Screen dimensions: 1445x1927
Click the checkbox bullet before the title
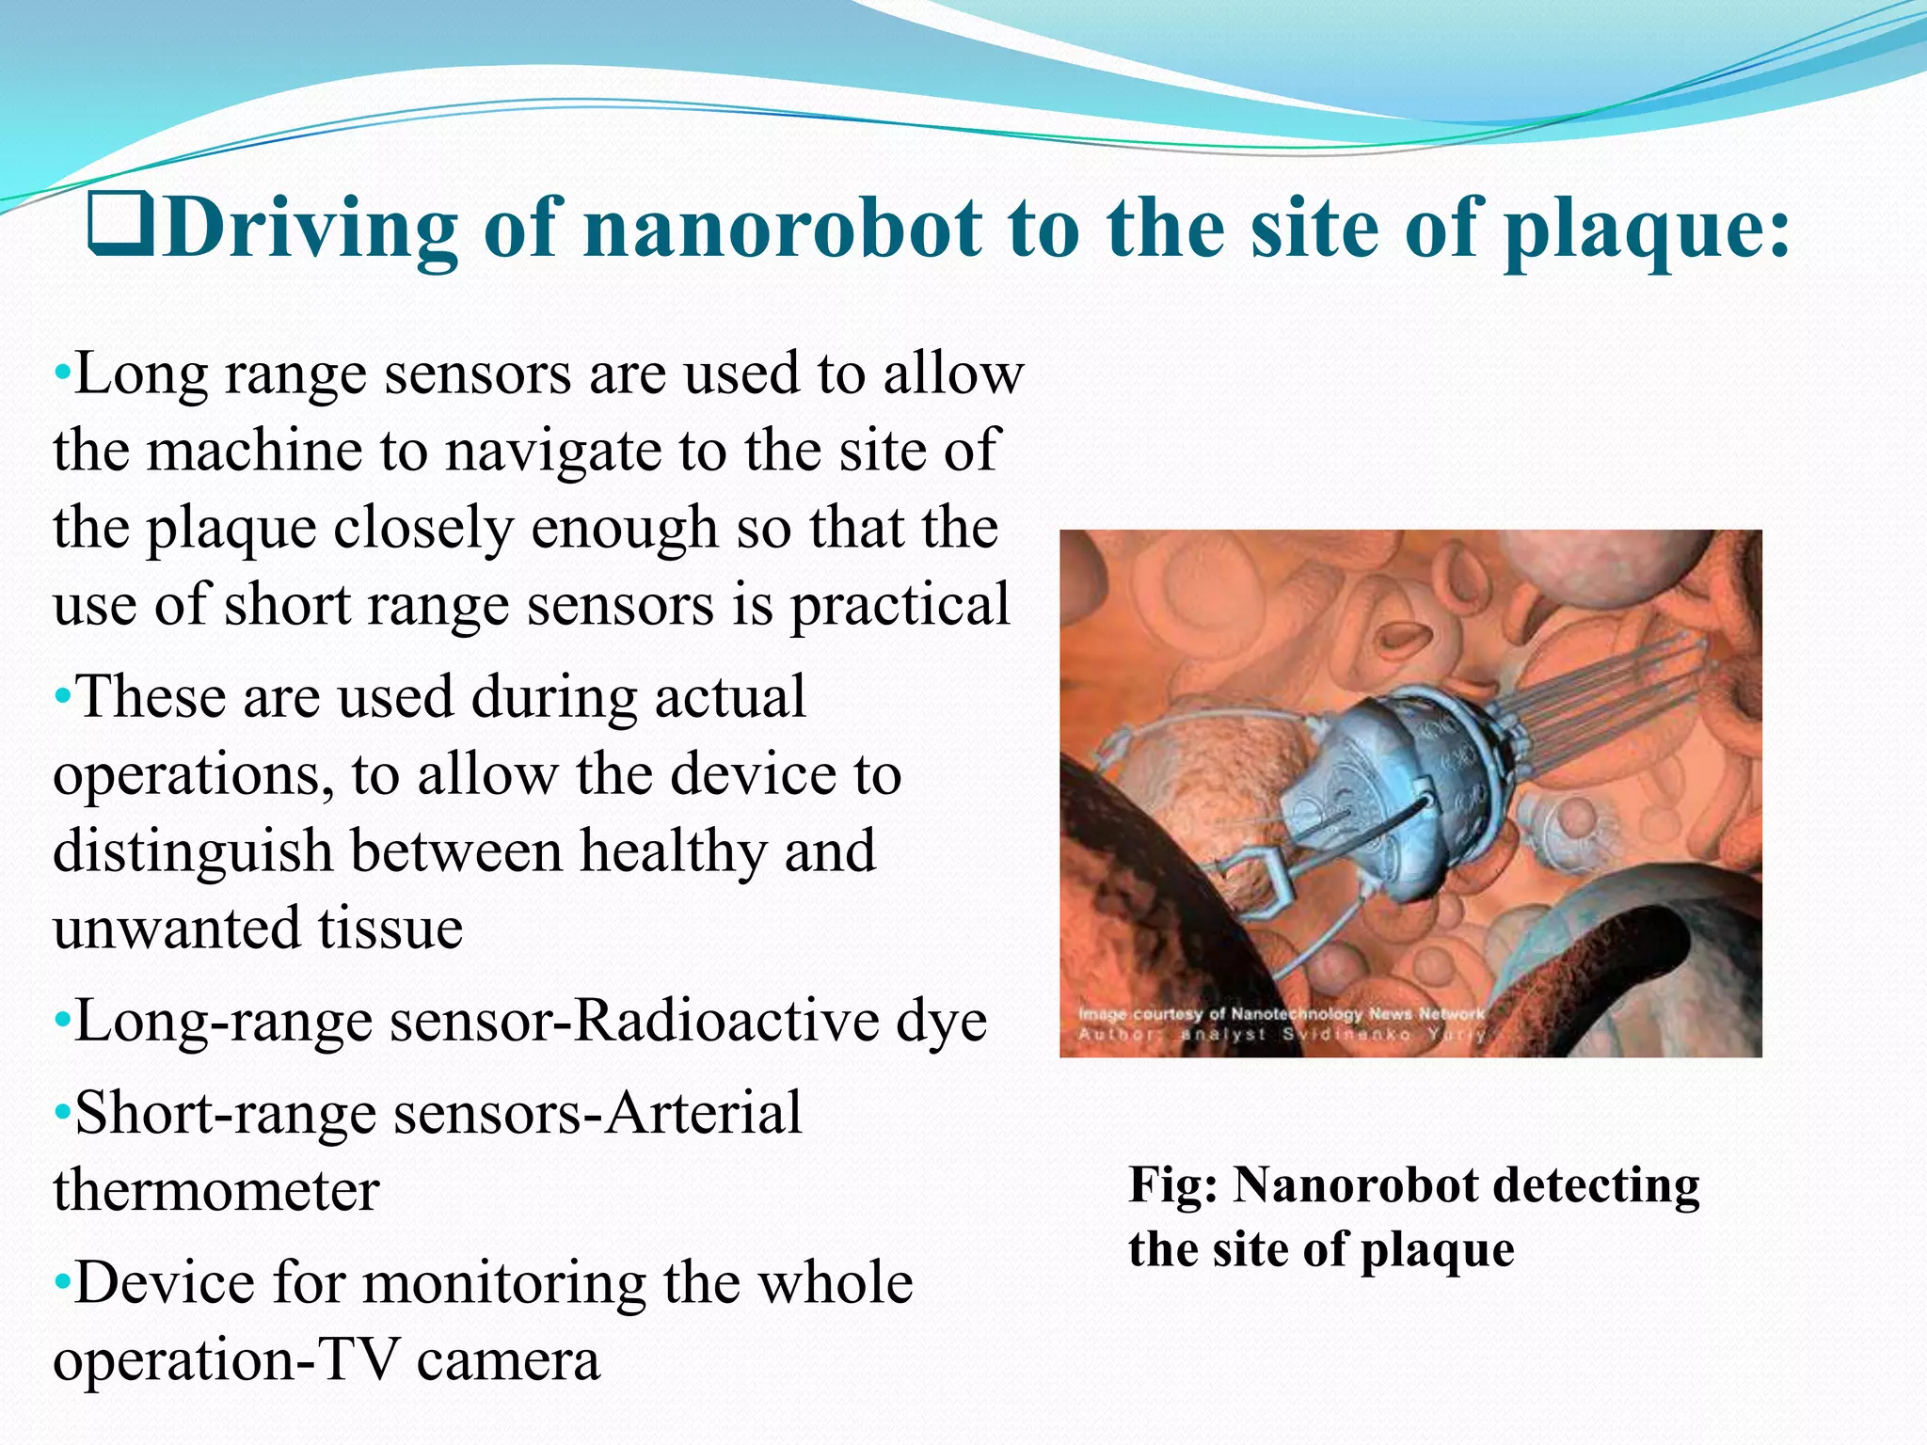(119, 225)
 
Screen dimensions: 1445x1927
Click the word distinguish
(193, 852)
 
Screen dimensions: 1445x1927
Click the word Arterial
(703, 1114)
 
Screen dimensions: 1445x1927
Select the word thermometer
(215, 1191)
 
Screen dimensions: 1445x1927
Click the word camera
(508, 1360)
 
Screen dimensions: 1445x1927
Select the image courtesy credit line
(1281, 1014)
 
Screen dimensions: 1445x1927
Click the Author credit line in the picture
(1281, 1035)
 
